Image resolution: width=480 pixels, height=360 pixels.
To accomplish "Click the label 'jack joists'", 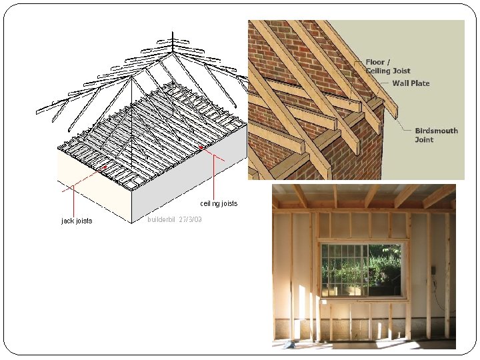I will pyautogui.click(x=77, y=221).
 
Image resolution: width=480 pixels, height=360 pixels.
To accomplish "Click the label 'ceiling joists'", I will pyautogui.click(x=219, y=203).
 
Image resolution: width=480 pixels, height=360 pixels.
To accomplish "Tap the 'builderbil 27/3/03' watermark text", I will pyautogui.click(x=175, y=219).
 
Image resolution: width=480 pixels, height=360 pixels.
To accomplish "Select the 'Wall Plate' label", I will pyautogui.click(x=411, y=83).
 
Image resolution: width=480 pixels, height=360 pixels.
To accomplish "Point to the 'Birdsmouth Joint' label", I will pyautogui.click(x=436, y=135).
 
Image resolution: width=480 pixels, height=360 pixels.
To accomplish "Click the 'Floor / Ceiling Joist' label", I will pyautogui.click(x=387, y=66).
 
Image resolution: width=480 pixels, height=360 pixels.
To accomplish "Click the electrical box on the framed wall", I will pyautogui.click(x=433, y=271).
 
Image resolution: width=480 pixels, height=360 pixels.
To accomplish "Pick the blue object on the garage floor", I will pyautogui.click(x=289, y=344).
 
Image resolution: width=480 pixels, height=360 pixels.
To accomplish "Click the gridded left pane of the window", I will pyautogui.click(x=343, y=270).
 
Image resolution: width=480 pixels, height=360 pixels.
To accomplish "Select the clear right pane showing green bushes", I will pyautogui.click(x=384, y=270).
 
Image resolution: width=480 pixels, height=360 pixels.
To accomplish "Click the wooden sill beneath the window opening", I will pyautogui.click(x=364, y=300).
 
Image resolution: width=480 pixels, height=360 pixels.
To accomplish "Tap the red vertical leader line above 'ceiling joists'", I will pyautogui.click(x=214, y=175).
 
